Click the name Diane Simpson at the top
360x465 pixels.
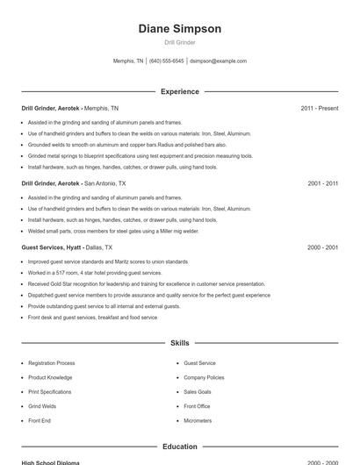click(x=179, y=29)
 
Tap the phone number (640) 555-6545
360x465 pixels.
click(x=166, y=61)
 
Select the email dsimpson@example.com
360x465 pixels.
click(x=219, y=61)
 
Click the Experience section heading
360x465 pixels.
click(x=179, y=91)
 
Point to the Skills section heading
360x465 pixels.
click(x=179, y=343)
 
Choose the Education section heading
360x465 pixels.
click(x=179, y=447)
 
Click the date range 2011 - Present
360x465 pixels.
click(x=319, y=108)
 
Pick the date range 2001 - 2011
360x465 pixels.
click(x=322, y=184)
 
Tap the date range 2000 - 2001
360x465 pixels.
click(x=322, y=248)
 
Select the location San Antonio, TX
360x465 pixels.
click(x=104, y=184)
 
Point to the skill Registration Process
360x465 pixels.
click(x=51, y=363)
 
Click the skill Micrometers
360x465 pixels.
click(x=198, y=420)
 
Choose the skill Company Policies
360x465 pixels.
click(x=204, y=377)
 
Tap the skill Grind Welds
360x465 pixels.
click(x=42, y=406)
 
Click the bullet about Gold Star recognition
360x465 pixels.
click(x=146, y=284)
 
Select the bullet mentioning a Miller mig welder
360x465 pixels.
click(x=113, y=232)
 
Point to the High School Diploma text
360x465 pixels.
click(x=50, y=462)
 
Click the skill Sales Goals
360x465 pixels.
click(x=198, y=392)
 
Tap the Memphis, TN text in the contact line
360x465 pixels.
click(x=128, y=61)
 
